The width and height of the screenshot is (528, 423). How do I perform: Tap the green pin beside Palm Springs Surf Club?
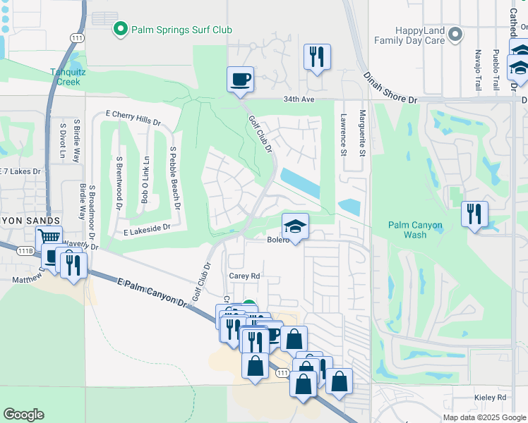click(121, 30)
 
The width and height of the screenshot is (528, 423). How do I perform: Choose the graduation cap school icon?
click(296, 226)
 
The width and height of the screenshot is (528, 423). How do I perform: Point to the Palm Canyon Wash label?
click(416, 229)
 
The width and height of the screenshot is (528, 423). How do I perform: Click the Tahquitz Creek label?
click(66, 76)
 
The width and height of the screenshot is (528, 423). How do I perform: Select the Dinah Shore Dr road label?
click(392, 88)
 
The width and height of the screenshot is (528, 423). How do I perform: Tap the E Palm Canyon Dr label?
click(152, 293)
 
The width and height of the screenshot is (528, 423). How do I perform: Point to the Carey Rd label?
click(244, 276)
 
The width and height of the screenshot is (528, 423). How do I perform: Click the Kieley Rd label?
click(491, 398)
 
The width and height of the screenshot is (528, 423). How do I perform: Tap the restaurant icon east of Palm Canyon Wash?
click(474, 213)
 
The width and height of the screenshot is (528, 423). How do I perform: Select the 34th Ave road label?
click(298, 100)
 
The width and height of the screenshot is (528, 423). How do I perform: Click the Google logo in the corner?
click(23, 415)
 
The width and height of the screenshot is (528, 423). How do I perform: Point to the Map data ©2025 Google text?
click(484, 417)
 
